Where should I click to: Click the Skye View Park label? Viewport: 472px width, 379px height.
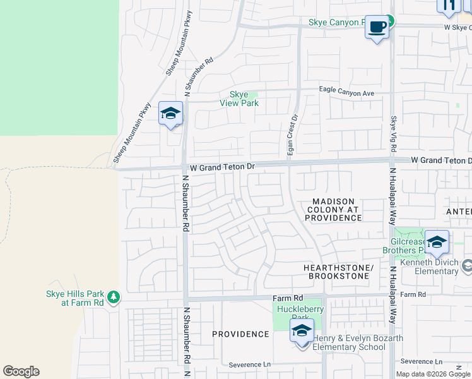coord(239,99)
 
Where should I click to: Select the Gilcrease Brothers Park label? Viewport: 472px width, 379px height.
coord(414,246)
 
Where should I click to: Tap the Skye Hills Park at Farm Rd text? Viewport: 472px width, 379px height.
coord(74,298)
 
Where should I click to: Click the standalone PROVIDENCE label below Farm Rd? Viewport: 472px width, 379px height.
coord(240,334)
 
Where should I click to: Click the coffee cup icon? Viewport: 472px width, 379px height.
coord(377,27)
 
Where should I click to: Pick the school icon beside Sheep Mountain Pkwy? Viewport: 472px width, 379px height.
coord(170,114)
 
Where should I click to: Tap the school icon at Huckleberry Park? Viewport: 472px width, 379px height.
coord(302,330)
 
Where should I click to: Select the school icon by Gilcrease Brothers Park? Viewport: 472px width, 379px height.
coord(437,243)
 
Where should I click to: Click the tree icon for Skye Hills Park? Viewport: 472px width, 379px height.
coord(114,297)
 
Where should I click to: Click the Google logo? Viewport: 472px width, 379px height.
coord(21,371)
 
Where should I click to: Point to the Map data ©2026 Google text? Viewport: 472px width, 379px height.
coord(433,374)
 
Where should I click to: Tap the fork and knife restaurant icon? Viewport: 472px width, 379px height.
coord(449,5)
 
